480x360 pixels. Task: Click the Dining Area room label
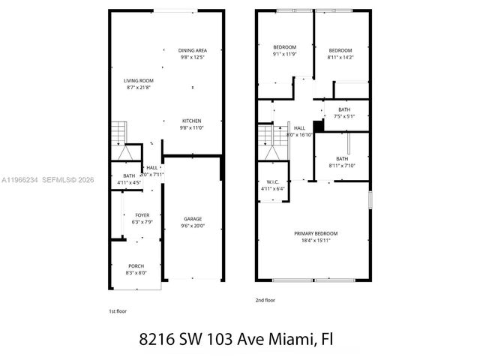[x=192, y=50]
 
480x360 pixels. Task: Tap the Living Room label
[x=139, y=80]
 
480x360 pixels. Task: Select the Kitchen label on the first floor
[x=192, y=120]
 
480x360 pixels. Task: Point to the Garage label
[x=192, y=218]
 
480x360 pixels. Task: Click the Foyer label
[x=142, y=214]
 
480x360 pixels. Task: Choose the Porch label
[x=136, y=266]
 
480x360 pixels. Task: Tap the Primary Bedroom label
[x=315, y=233]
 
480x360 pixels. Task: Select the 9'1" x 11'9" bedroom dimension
[x=284, y=54]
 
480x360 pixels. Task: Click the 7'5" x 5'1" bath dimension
[x=343, y=116]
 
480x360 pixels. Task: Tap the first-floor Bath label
[x=130, y=175]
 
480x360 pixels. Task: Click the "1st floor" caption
[x=118, y=310]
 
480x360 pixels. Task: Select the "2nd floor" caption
[x=265, y=300]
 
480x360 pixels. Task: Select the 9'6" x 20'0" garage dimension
[x=192, y=226]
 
